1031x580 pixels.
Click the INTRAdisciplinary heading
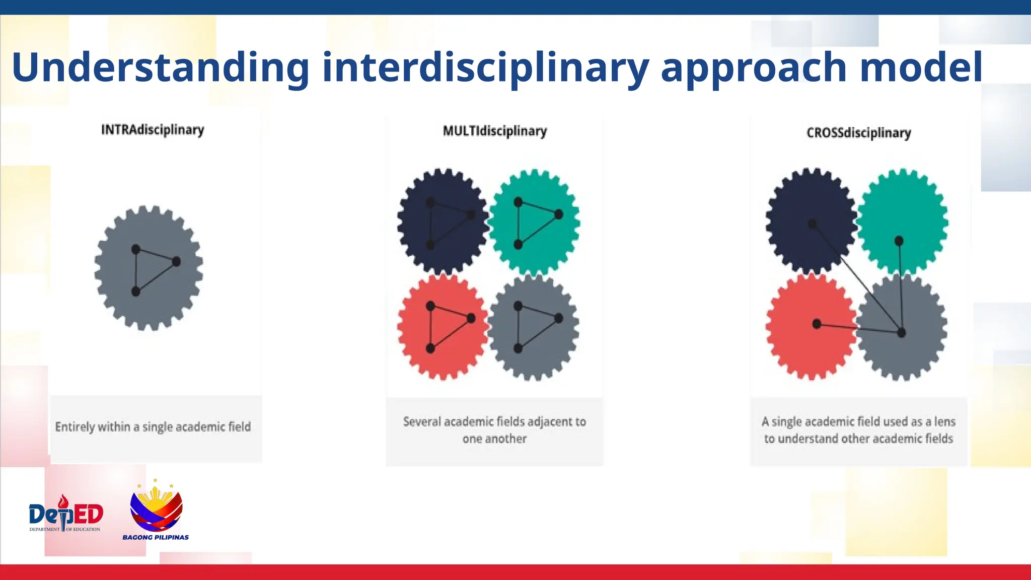[x=153, y=130]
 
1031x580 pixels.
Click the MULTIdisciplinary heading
[x=494, y=131]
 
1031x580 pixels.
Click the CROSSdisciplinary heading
[x=858, y=133]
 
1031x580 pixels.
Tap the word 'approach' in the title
[x=754, y=68]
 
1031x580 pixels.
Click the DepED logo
[x=65, y=515]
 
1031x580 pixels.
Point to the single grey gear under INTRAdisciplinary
[x=149, y=268]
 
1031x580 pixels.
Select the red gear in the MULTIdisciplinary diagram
[x=442, y=327]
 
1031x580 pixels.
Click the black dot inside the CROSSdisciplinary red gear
[x=817, y=324]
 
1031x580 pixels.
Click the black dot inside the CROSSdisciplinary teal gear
[x=899, y=241]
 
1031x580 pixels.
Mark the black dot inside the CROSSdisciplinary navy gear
[x=812, y=224]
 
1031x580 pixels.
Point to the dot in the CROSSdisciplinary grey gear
[x=901, y=332]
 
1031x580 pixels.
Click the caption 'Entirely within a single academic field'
[x=153, y=427]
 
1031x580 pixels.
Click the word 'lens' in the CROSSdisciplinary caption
[x=944, y=421]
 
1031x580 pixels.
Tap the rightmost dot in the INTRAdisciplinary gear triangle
[x=176, y=261]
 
